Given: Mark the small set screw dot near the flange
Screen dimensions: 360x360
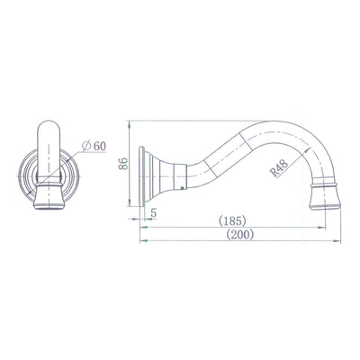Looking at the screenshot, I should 184,189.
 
